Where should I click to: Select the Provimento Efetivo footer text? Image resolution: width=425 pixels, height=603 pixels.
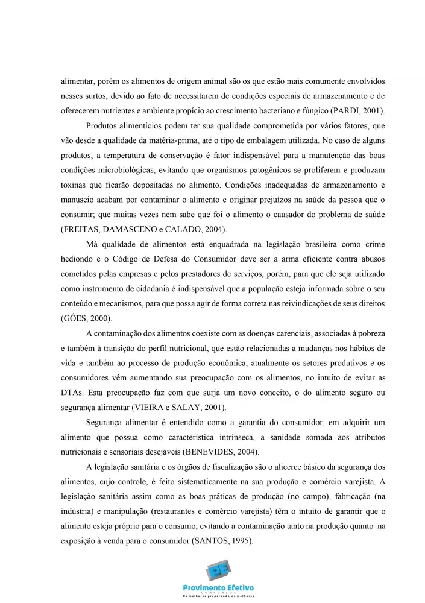pyautogui.click(x=218, y=587)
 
